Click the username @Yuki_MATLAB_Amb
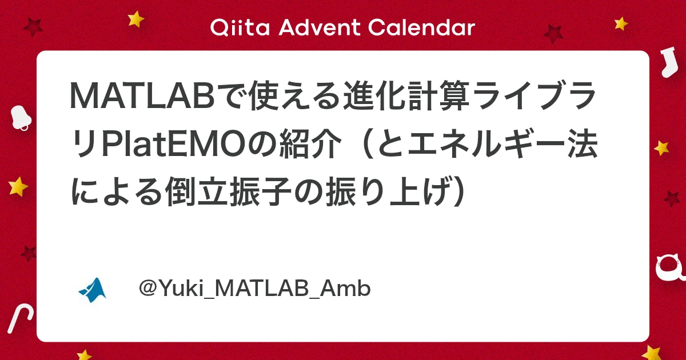click(x=255, y=289)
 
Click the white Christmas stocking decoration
click(x=667, y=63)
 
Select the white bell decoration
click(x=21, y=118)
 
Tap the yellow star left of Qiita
click(x=136, y=19)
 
